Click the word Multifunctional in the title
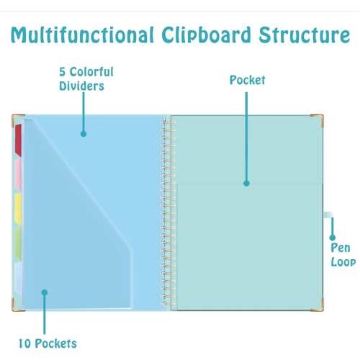pyautogui.click(x=82, y=35)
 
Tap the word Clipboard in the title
pyautogui.click(x=206, y=35)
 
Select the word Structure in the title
pyautogui.click(x=305, y=35)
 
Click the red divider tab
pyautogui.click(x=18, y=140)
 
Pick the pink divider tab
pyautogui.click(x=18, y=175)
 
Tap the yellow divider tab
pyautogui.click(x=18, y=210)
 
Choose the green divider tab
pyautogui.click(x=18, y=244)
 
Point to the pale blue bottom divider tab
pyautogui.click(x=18, y=278)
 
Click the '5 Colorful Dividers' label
pyautogui.click(x=86, y=79)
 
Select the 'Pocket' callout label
pyautogui.click(x=247, y=80)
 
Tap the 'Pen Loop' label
pyautogui.click(x=343, y=255)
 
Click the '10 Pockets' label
pyautogui.click(x=48, y=343)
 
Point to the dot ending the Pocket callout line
pyautogui.click(x=246, y=184)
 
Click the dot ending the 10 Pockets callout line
pyautogui.click(x=45, y=292)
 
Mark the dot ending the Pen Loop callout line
pyautogui.click(x=333, y=238)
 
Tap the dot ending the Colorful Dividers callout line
pyautogui.click(x=84, y=134)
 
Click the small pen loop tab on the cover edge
pyautogui.click(x=328, y=215)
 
